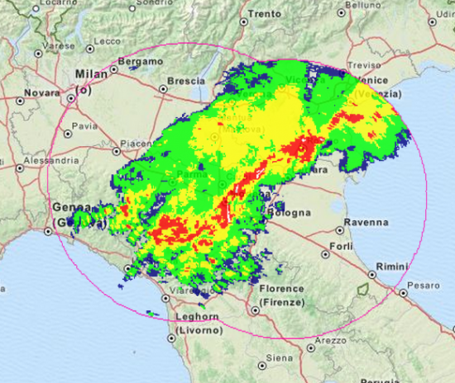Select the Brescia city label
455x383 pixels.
coord(185,81)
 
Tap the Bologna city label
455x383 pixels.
coord(290,212)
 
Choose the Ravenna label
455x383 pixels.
coord(368,222)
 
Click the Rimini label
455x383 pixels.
coord(391,267)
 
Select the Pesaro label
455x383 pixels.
coord(427,285)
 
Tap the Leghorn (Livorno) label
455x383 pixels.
coord(198,323)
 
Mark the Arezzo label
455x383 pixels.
coord(330,339)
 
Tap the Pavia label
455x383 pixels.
coord(85,126)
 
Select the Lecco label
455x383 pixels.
coord(108,40)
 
